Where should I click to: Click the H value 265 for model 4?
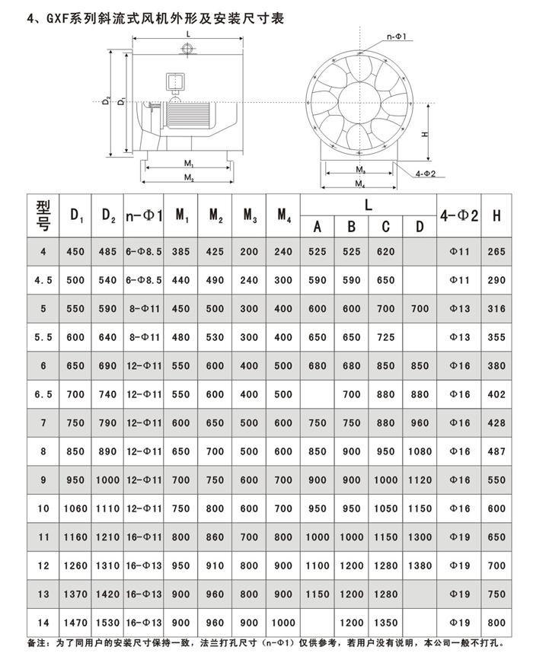click(496, 252)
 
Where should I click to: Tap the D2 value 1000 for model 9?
click(109, 480)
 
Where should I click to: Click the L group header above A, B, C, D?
click(368, 205)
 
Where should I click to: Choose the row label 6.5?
click(43, 394)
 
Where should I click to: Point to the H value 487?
click(496, 451)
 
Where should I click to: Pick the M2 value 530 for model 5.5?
click(215, 337)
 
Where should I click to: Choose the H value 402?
click(496, 394)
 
